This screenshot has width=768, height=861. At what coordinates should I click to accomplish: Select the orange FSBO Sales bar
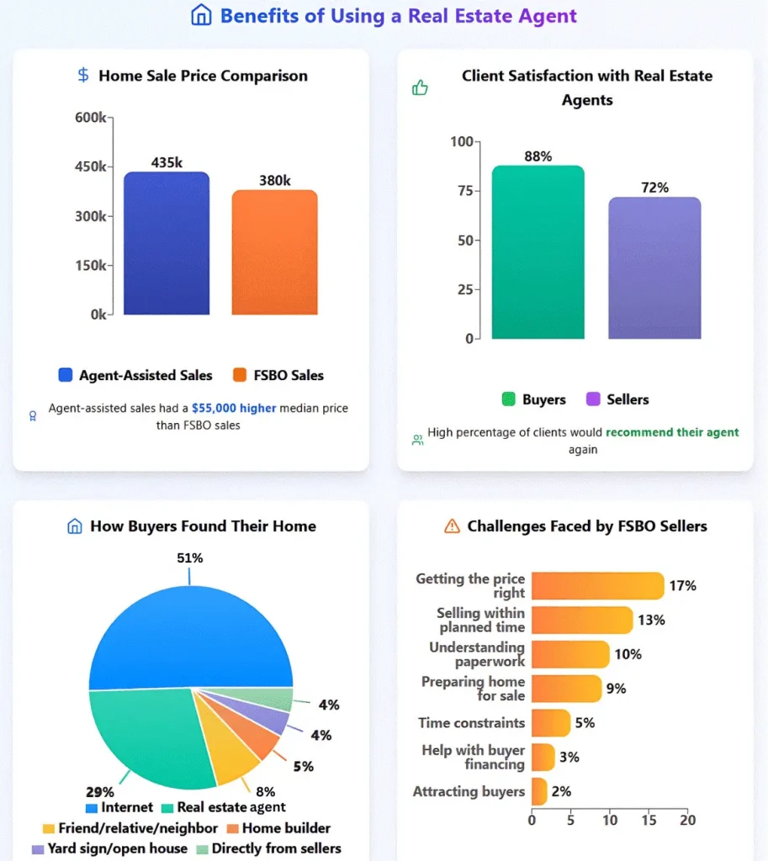click(x=274, y=253)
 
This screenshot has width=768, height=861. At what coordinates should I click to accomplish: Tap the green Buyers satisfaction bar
click(x=538, y=252)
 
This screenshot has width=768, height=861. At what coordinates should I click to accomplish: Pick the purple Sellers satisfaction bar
click(x=654, y=268)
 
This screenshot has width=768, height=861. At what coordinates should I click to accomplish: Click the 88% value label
click(x=538, y=156)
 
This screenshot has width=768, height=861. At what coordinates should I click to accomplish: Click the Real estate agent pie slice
click(x=151, y=732)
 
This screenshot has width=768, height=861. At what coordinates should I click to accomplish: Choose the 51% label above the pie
click(x=189, y=558)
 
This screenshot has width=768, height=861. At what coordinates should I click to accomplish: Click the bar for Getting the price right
click(x=597, y=586)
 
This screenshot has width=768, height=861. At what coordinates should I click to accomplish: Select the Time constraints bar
click(x=551, y=723)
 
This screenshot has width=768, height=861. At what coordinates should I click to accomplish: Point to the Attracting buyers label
click(x=469, y=791)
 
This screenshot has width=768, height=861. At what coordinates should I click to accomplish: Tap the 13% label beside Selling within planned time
click(x=651, y=621)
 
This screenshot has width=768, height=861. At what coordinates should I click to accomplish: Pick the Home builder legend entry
click(x=279, y=828)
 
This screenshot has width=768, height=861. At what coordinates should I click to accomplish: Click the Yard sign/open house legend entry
click(x=109, y=848)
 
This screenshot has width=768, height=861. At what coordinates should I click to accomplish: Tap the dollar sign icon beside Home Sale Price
click(x=82, y=76)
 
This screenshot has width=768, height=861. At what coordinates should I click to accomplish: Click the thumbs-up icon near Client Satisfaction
click(x=420, y=87)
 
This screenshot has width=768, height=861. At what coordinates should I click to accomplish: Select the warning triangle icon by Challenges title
click(x=452, y=526)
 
